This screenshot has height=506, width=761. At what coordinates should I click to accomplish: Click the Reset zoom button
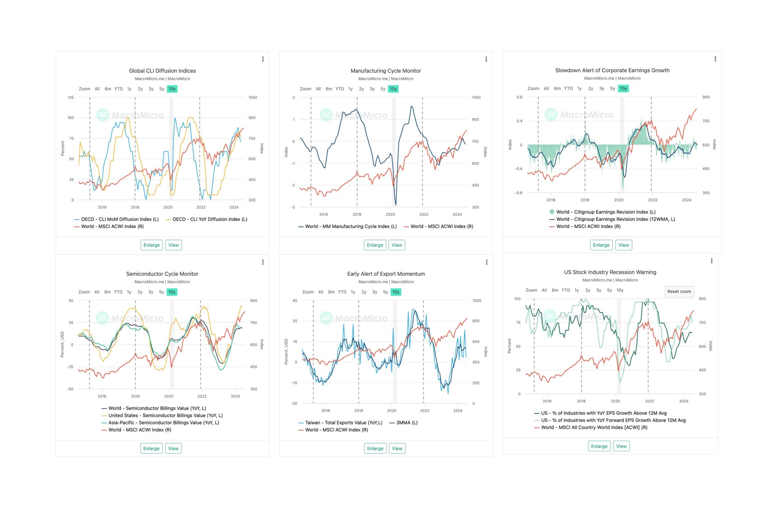coord(679,291)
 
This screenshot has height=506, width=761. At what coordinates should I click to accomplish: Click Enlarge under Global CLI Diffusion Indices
coord(151,245)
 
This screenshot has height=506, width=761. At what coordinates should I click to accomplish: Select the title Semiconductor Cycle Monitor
coord(162,274)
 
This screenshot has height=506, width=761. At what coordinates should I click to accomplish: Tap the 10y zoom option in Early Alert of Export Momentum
coord(396,292)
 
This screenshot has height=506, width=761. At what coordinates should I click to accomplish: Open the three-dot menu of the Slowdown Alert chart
coord(715,59)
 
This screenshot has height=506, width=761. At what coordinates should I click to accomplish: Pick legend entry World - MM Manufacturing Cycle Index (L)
coord(350,226)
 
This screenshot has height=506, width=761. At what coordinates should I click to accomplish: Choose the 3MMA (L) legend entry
coord(407,423)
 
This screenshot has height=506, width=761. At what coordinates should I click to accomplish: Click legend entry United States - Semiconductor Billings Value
coord(165,416)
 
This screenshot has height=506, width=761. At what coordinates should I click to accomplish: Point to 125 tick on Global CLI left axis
coord(71,98)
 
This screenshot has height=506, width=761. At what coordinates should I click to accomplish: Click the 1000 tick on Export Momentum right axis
coord(476,301)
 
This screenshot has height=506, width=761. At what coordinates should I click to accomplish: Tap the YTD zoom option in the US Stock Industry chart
coord(566,290)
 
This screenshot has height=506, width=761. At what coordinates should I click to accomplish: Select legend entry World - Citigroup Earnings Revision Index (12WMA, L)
coord(615,219)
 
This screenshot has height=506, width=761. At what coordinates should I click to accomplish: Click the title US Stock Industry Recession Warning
coord(610,272)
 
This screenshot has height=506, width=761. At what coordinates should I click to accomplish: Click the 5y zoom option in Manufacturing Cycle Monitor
coord(382,89)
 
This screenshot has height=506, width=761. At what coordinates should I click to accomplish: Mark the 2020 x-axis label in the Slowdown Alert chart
coord(618,200)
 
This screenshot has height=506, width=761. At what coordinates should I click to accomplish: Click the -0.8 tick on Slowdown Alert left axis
coord(518,193)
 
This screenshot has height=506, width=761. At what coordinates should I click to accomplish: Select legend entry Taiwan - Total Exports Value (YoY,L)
coord(343,423)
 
